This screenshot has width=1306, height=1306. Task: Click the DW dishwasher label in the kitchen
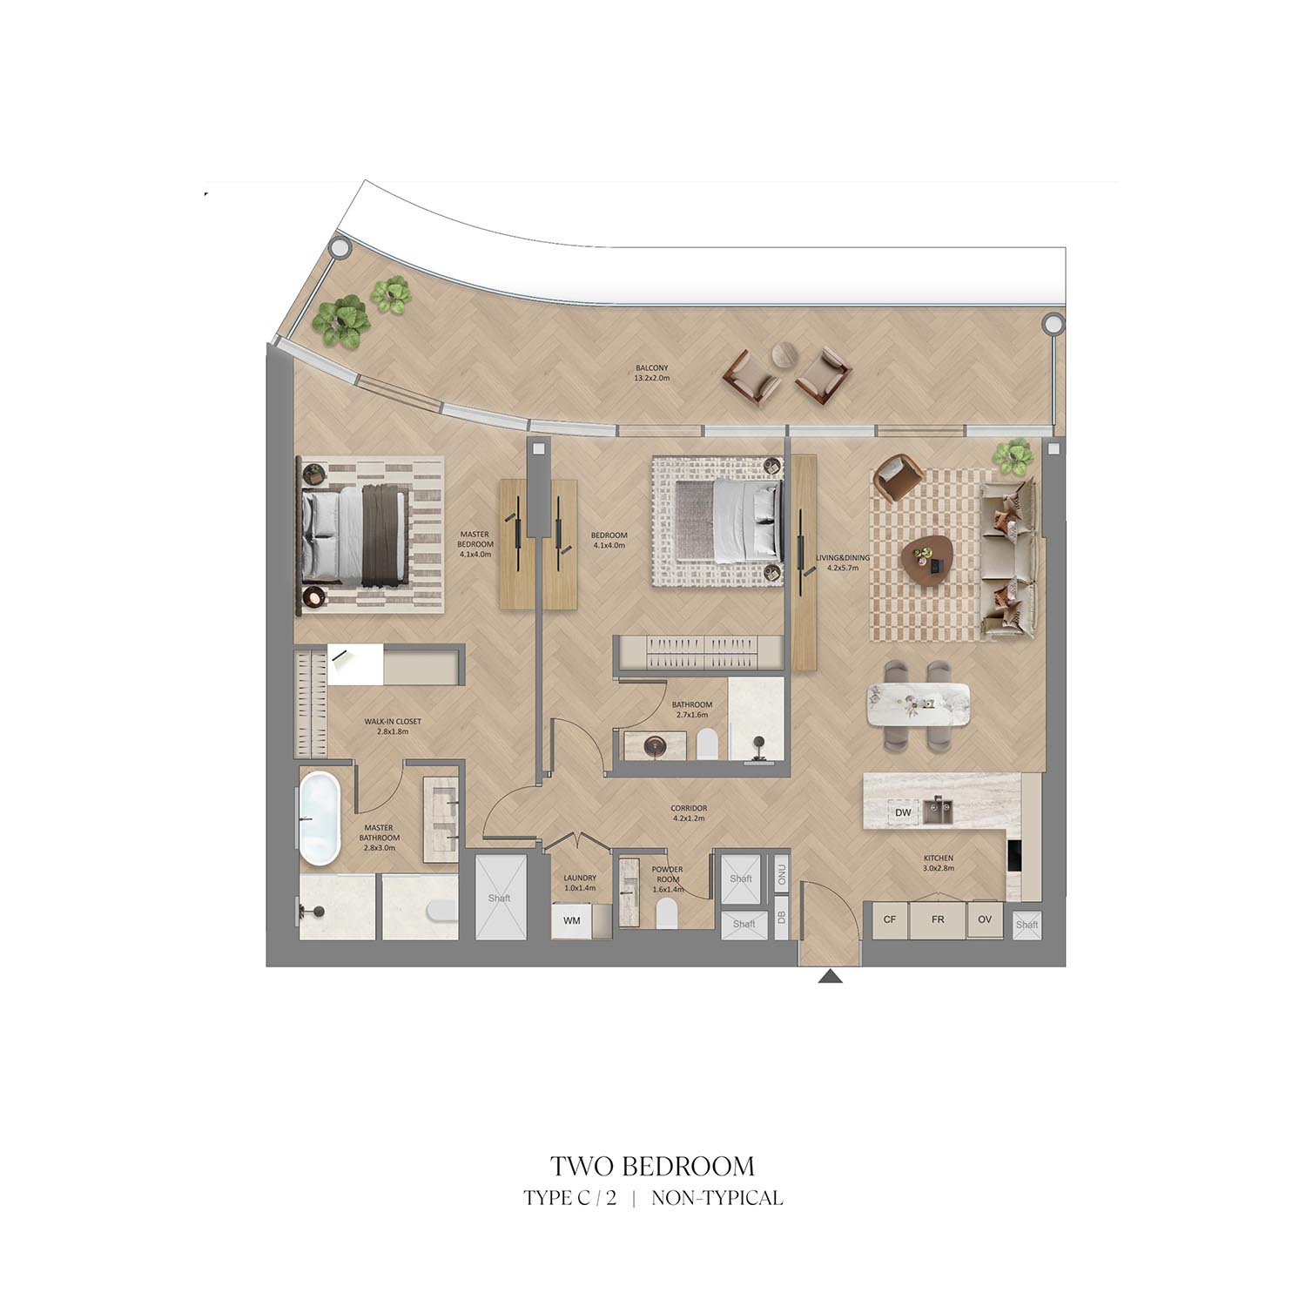[903, 813]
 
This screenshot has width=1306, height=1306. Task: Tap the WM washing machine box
[572, 920]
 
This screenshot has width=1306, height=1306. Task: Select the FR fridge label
[938, 919]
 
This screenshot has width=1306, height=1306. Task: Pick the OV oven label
[985, 919]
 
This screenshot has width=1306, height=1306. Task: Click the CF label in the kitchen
[890, 919]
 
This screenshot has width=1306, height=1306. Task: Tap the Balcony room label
[652, 373]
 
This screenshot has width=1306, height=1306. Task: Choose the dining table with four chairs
[919, 705]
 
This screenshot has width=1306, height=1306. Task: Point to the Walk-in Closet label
[393, 726]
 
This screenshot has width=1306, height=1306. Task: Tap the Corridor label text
[689, 813]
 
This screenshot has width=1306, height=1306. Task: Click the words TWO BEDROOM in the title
[652, 1166]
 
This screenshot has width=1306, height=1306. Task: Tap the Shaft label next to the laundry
[500, 898]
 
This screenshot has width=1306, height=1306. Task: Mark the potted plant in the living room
[1013, 456]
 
